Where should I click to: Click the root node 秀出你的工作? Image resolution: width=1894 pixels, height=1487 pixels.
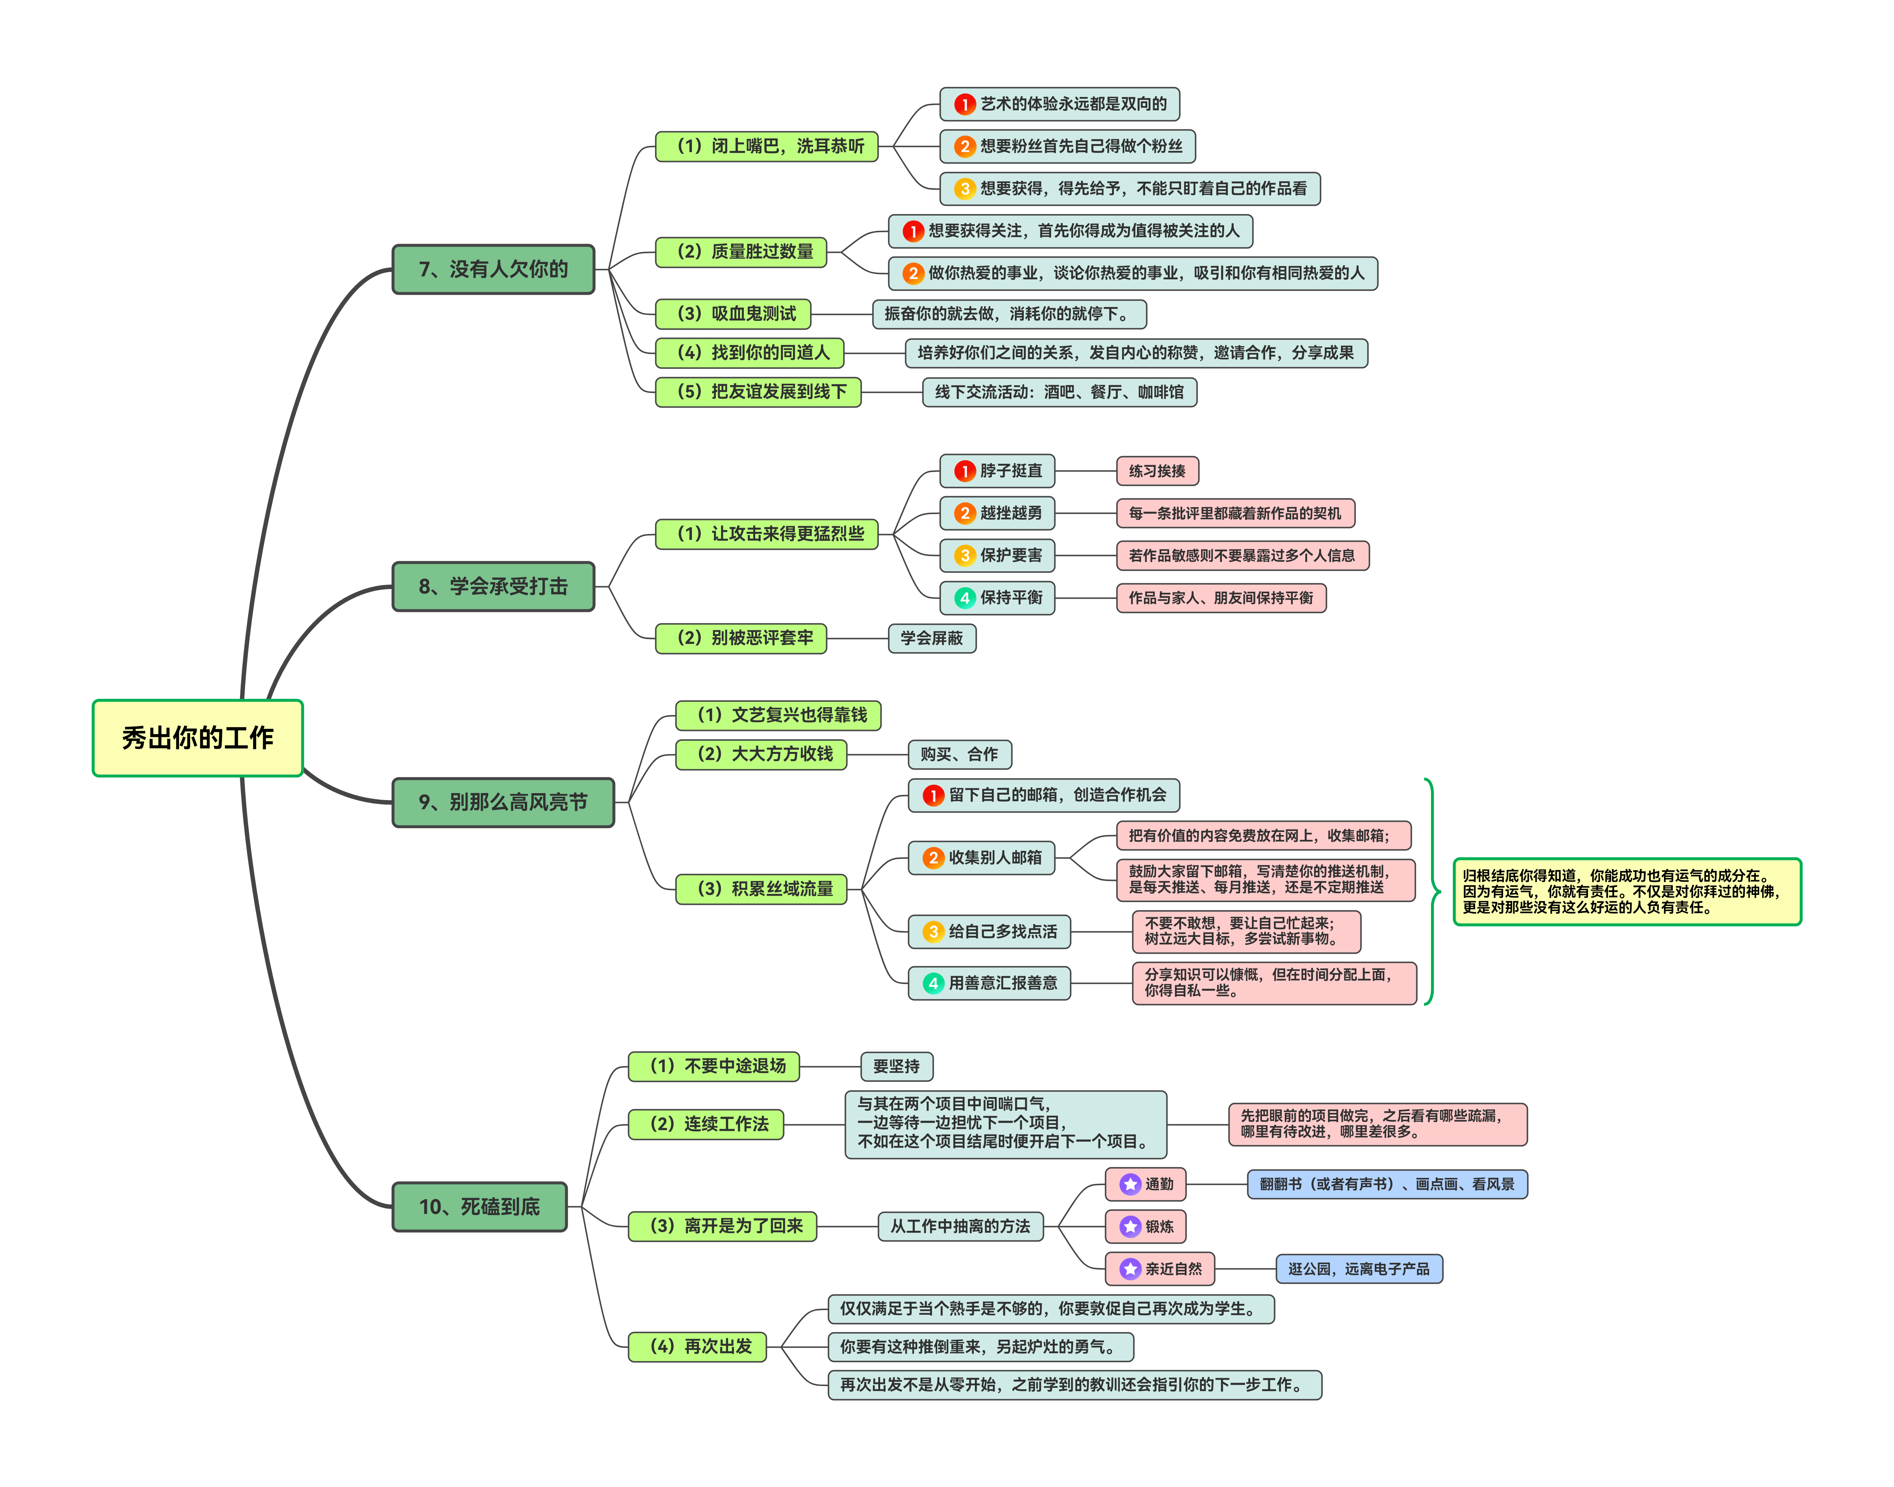tap(198, 737)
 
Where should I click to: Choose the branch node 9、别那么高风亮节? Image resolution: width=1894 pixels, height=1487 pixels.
tap(503, 802)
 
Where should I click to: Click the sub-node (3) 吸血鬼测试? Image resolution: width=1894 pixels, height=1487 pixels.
tap(733, 313)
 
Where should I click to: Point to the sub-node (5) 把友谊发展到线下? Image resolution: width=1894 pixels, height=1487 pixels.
tap(758, 392)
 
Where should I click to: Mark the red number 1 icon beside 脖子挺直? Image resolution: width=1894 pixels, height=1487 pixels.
tap(964, 471)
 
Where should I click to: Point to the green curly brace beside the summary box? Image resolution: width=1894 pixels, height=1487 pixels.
tap(1430, 892)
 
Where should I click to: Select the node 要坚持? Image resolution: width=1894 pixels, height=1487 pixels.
tap(897, 1065)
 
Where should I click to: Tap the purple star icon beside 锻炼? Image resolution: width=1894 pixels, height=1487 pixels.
tap(1130, 1227)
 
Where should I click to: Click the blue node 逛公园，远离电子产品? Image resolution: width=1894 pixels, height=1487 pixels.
tap(1359, 1268)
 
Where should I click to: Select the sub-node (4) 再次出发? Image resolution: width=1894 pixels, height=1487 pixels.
tap(697, 1346)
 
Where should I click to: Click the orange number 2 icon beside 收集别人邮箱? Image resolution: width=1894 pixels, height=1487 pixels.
tap(933, 857)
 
